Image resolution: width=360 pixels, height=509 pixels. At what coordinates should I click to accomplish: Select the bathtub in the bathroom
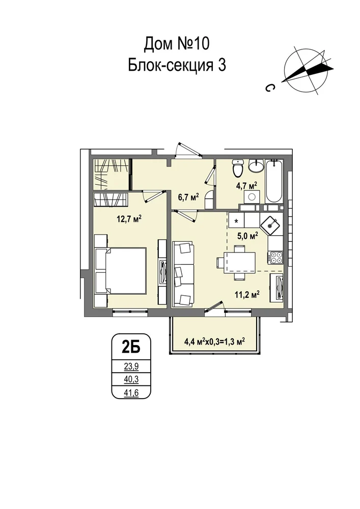click(274, 181)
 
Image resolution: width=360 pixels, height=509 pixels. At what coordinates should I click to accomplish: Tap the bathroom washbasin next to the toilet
click(257, 166)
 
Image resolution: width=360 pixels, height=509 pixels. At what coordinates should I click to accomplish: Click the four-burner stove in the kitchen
click(275, 258)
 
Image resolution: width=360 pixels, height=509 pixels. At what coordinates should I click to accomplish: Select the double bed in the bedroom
click(121, 271)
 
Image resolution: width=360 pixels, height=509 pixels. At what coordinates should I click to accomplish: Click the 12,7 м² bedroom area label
click(129, 219)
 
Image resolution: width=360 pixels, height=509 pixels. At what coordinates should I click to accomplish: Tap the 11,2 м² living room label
click(247, 294)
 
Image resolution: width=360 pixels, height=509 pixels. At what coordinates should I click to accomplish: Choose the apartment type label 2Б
click(131, 348)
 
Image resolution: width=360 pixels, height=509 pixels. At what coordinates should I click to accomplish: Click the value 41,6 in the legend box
click(131, 393)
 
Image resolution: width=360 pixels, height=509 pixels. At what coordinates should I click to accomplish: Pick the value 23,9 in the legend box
click(131, 367)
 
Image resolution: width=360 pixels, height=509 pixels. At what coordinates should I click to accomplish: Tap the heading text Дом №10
click(177, 44)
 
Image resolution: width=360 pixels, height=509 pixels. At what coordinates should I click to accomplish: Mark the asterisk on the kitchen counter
click(236, 221)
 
